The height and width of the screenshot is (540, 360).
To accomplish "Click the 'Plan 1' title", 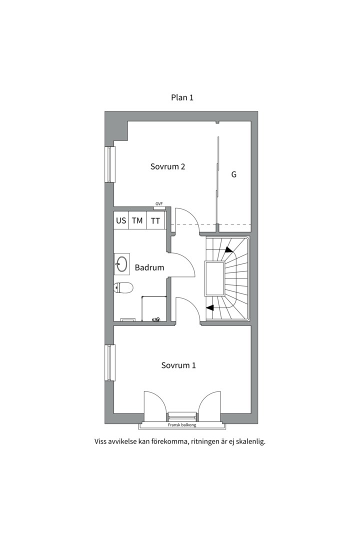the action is pyautogui.click(x=182, y=97).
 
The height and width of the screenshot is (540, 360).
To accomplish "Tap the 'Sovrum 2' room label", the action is pyautogui.click(x=168, y=166).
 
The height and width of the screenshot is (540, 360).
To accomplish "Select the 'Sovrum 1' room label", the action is pyautogui.click(x=178, y=365).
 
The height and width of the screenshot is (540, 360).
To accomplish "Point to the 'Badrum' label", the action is pyautogui.click(x=149, y=267).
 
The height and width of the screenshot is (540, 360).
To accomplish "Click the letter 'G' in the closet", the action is pyautogui.click(x=233, y=174).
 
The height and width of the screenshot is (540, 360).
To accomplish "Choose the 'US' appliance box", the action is pyautogui.click(x=121, y=220).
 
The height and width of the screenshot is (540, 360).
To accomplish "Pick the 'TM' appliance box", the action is pyautogui.click(x=137, y=220).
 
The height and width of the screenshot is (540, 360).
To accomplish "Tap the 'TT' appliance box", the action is pyautogui.click(x=155, y=220).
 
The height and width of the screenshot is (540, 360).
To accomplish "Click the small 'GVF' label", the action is pyautogui.click(x=159, y=204).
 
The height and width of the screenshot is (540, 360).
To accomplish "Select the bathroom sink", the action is pyautogui.click(x=122, y=264).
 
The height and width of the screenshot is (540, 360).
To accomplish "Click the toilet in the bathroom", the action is pyautogui.click(x=123, y=287).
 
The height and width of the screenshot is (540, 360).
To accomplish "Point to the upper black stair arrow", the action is pyautogui.click(x=228, y=250).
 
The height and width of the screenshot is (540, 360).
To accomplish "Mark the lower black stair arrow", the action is pyautogui.click(x=209, y=308).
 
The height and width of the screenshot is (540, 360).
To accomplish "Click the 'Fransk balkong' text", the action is pyautogui.click(x=182, y=425).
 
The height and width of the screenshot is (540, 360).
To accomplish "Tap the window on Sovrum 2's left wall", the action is pyautogui.click(x=110, y=164).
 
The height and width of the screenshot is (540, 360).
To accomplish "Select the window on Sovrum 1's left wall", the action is pyautogui.click(x=110, y=362).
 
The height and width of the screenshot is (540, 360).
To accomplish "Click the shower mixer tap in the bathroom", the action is pyautogui.click(x=155, y=319).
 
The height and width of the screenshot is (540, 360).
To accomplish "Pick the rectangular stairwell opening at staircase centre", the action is pyautogui.click(x=214, y=278).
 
